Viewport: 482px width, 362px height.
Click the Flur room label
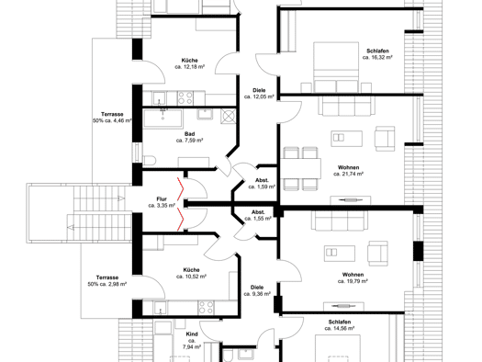(162, 199)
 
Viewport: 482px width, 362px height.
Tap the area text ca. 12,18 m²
(190, 67)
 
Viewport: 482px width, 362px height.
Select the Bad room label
(190, 134)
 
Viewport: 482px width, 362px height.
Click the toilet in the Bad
(150, 161)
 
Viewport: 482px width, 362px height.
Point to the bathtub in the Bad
(163, 118)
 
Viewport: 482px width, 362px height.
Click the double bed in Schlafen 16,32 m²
(336, 67)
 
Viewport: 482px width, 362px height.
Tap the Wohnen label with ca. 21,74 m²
(348, 167)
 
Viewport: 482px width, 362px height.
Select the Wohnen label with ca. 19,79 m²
(353, 275)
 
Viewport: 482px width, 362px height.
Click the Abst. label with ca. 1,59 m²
(262, 180)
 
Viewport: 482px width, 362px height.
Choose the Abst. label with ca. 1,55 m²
(258, 212)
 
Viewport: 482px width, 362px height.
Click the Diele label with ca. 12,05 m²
(259, 90)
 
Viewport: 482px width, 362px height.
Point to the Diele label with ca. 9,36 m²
(257, 288)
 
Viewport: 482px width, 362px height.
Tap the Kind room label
(192, 334)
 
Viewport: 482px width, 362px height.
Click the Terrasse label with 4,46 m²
(112, 114)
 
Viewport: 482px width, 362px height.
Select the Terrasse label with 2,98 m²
(107, 277)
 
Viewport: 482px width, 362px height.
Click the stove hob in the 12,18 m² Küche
(185, 98)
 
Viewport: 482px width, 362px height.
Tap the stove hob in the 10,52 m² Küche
(206, 308)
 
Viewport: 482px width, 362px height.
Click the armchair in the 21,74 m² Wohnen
(385, 139)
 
